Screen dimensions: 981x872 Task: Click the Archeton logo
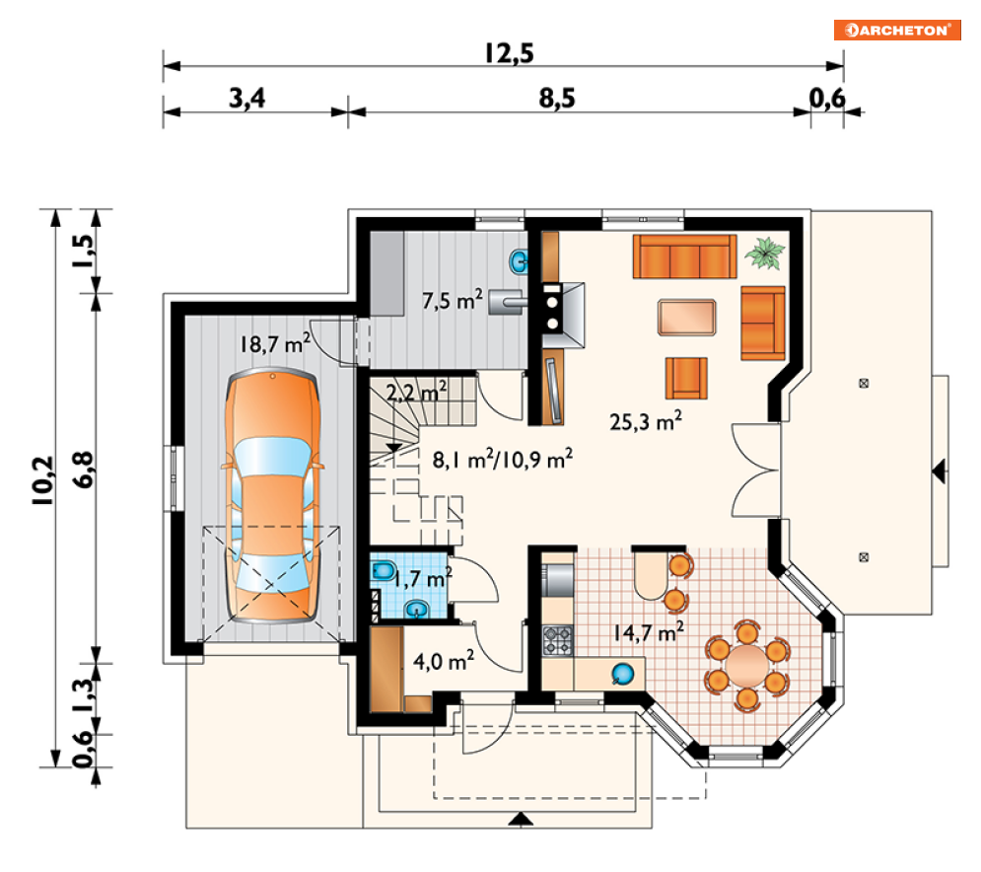click(896, 30)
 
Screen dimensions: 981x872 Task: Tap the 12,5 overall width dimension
click(510, 54)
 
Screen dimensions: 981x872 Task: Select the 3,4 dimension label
click(246, 99)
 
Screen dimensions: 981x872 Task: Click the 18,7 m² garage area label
click(275, 343)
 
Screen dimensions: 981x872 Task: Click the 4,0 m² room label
click(444, 661)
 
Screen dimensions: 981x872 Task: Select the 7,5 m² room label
click(453, 300)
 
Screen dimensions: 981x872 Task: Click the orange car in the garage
click(273, 496)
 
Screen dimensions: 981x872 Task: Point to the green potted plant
click(764, 253)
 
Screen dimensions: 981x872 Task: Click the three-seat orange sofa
click(684, 256)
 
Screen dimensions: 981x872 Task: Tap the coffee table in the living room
click(686, 318)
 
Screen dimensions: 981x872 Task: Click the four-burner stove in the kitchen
click(557, 640)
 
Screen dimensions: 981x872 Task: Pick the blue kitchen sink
click(622, 674)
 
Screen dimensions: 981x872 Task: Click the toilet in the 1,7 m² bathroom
click(383, 570)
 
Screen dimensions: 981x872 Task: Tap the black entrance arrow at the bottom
click(521, 819)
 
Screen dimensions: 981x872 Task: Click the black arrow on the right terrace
click(939, 471)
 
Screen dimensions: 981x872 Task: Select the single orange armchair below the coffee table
click(686, 378)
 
